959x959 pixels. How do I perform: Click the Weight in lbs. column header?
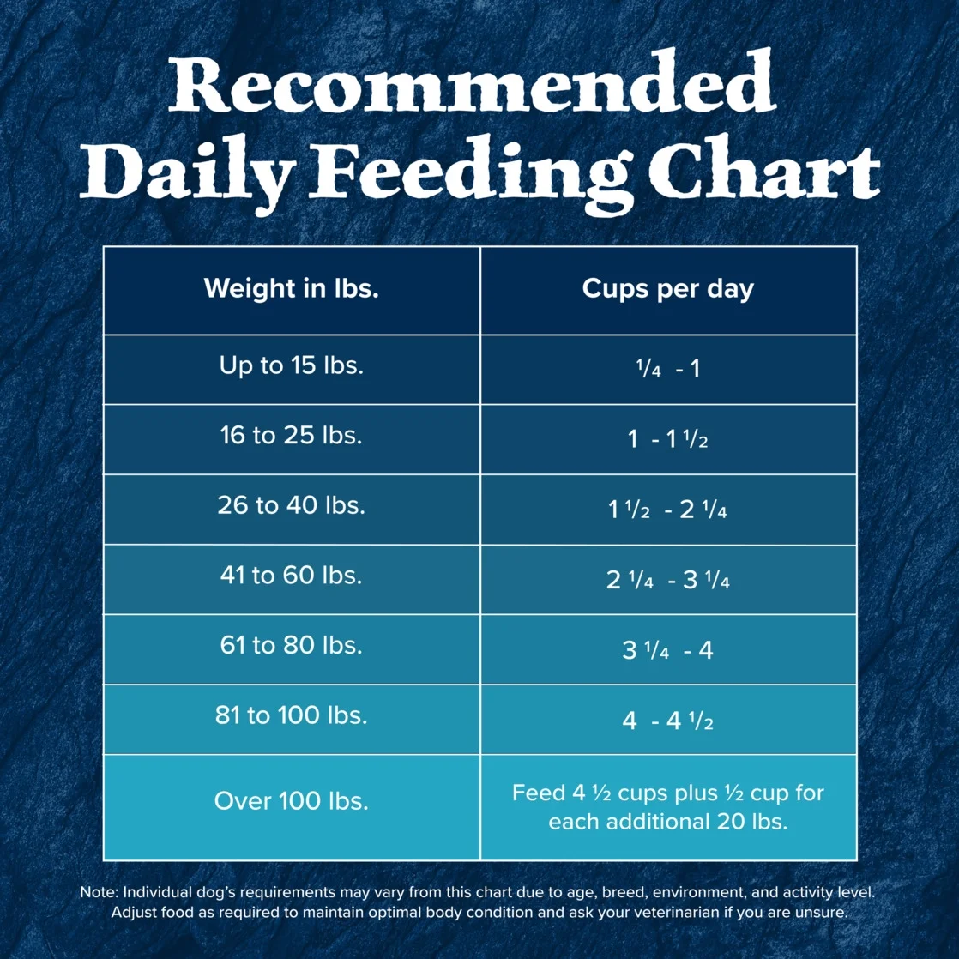coord(292,288)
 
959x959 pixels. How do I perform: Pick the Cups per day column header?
coord(667,288)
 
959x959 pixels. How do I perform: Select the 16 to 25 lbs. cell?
coord(292,435)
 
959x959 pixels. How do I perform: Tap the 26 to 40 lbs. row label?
coord(292,505)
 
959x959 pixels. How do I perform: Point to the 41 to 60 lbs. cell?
coord(292,575)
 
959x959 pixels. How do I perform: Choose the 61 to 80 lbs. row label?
coord(292,645)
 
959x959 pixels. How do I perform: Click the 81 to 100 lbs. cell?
coord(292,715)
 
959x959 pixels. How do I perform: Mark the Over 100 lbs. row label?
coord(292,802)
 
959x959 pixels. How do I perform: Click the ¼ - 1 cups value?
coord(667,370)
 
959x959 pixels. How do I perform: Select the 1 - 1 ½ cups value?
coord(667,440)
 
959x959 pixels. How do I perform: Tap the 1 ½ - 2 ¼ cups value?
coord(667,510)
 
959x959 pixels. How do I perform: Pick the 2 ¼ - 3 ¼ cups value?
coord(667,581)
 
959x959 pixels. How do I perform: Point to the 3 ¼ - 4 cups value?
coord(667,650)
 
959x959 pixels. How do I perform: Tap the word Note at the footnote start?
coord(98,892)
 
